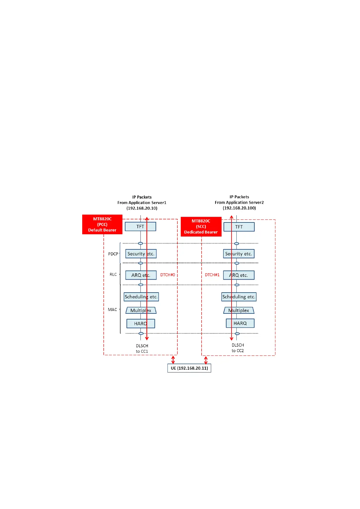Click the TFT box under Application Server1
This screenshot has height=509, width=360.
(140, 226)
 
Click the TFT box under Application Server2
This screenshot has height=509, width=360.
(239, 227)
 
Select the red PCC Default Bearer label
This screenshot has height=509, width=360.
(102, 224)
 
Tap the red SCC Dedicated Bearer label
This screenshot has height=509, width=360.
(201, 226)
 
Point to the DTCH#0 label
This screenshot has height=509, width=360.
(167, 275)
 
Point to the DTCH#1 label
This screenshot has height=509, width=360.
(212, 275)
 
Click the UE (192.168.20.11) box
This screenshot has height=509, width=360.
(189, 368)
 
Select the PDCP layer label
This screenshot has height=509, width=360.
(113, 254)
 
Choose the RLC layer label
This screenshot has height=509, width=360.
(113, 274)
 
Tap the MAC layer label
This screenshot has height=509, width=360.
(112, 310)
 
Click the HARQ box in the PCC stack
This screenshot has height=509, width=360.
(141, 323)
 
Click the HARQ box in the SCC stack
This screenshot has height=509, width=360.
(240, 323)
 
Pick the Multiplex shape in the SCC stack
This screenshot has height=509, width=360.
(239, 310)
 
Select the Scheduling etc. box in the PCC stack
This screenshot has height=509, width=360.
(141, 297)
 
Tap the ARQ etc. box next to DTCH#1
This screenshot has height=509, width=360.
(239, 275)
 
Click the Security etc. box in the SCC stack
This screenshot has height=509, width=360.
(239, 254)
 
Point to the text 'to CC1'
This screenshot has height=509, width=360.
(142, 351)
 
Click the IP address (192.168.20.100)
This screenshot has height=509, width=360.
(239, 208)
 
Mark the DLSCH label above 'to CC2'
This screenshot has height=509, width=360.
(238, 345)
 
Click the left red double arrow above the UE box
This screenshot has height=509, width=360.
(173, 360)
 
